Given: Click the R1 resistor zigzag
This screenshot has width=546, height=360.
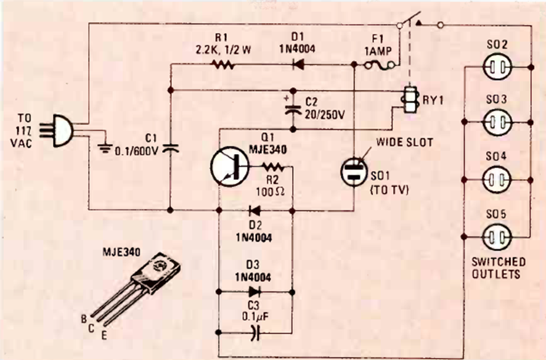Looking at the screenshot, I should coord(224,63).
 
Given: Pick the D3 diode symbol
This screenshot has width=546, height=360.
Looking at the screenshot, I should coord(253,289).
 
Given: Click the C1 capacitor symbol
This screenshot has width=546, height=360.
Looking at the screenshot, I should coord(170,148).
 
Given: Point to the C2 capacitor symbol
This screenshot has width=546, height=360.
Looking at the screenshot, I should coord(293,110).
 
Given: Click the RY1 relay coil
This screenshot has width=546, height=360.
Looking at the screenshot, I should coord(408,99).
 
